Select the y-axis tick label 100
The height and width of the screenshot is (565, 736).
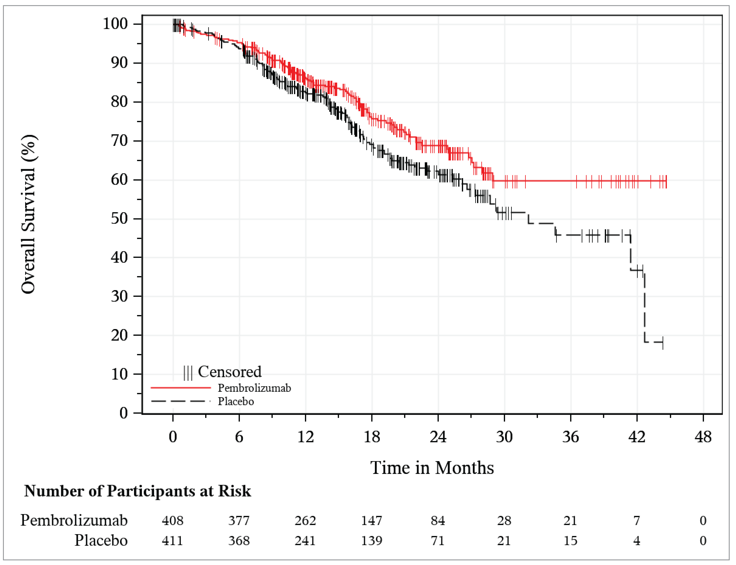click(x=115, y=24)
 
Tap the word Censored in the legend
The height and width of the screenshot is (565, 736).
click(x=230, y=372)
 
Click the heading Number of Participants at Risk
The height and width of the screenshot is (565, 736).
click(x=137, y=491)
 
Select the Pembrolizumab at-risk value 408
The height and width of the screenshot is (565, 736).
click(x=172, y=521)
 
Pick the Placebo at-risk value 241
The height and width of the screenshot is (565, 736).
click(x=305, y=541)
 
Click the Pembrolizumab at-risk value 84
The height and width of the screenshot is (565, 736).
click(x=438, y=521)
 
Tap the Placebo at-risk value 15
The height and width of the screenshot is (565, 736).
click(x=570, y=541)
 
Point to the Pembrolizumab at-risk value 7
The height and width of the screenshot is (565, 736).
click(x=636, y=521)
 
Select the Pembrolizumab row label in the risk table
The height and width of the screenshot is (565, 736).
click(x=74, y=521)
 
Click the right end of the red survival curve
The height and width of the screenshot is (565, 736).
click(x=666, y=181)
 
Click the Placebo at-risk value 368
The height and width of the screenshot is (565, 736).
click(x=239, y=541)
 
